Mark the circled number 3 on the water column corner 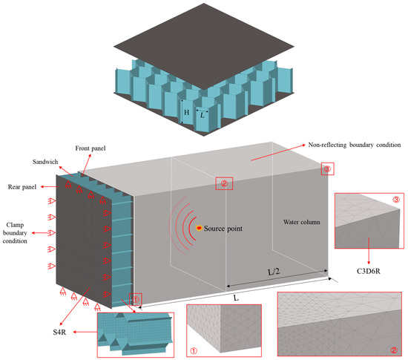tap(327, 169)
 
